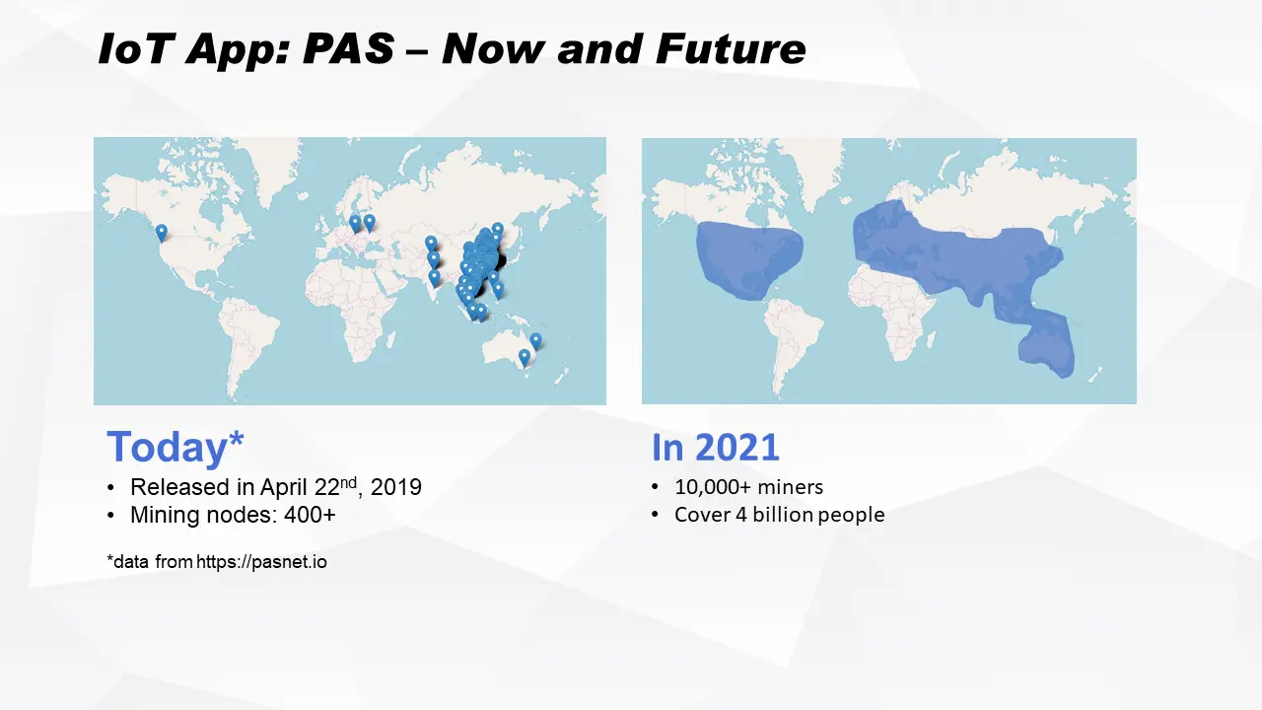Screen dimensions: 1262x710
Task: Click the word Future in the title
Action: coord(731,49)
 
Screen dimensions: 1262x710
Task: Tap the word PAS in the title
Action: coord(348,49)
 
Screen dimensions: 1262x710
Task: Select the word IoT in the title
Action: coord(134,49)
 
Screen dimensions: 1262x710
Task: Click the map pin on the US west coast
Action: coord(161,233)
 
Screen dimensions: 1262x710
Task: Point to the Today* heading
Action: coord(175,447)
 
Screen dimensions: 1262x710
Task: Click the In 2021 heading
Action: coord(716,448)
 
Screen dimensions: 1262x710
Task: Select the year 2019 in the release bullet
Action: coord(396,487)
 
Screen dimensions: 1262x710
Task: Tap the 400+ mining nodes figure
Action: coord(310,515)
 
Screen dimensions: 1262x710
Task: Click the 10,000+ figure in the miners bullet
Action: coord(713,487)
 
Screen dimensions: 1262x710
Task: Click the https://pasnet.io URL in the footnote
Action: coord(261,562)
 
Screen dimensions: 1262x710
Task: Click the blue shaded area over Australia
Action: coord(1047,345)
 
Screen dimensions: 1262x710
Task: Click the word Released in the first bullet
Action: coord(180,487)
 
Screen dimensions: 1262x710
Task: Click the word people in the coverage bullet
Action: coord(851,515)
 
